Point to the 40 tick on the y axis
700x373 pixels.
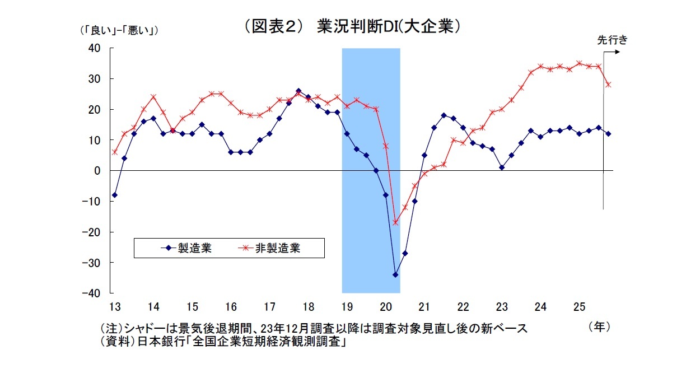(x=94, y=49)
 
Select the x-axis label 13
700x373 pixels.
(x=115, y=307)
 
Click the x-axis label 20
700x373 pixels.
(x=386, y=307)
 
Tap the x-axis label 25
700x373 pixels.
(x=579, y=307)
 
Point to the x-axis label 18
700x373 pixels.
(x=308, y=307)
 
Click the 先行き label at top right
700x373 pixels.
(x=612, y=40)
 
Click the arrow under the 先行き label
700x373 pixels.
(x=612, y=52)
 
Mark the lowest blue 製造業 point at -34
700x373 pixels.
(x=395, y=275)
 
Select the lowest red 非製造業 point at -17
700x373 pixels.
(x=395, y=223)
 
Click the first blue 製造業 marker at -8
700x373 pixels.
(x=115, y=195)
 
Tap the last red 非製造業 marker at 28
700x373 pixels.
(x=608, y=85)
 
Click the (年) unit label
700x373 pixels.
(x=599, y=327)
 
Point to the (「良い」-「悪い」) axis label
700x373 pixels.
(x=119, y=31)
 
